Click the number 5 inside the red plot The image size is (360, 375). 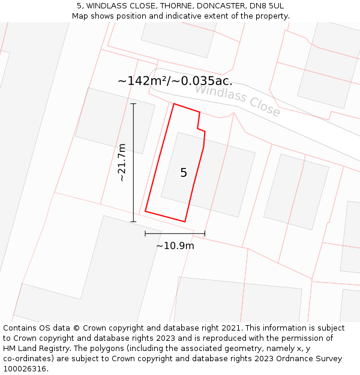(184, 173)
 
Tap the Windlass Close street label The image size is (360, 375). (237, 100)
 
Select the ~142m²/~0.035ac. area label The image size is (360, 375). (175, 81)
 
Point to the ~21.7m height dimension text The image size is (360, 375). (122, 162)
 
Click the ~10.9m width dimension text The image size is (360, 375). (175, 245)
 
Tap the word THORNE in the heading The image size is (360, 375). (167, 5)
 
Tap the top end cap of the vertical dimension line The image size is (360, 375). (133, 104)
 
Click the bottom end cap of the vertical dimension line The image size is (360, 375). (133, 222)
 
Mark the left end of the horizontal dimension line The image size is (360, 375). (145, 233)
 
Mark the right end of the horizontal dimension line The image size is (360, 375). (205, 233)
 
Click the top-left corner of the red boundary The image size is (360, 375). (174, 104)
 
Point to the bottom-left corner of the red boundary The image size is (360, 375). (145, 211)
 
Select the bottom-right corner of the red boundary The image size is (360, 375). (185, 221)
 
